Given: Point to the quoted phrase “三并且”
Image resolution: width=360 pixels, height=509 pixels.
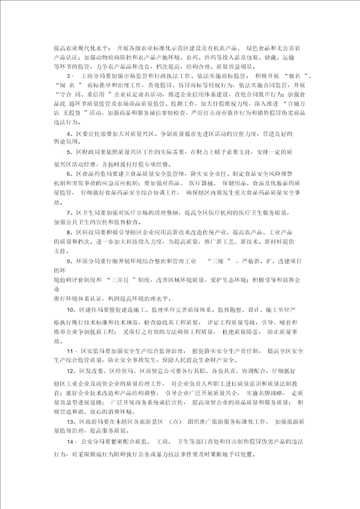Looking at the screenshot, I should (121, 278).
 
